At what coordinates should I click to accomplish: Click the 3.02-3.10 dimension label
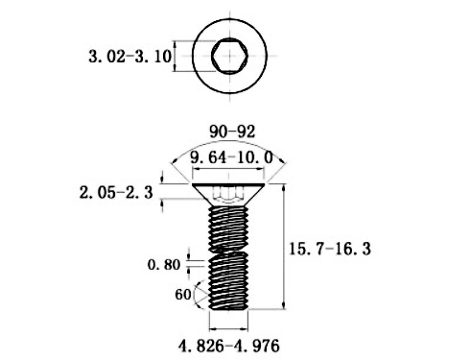pyautogui.click(x=129, y=58)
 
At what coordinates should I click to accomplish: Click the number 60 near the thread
pyautogui.click(x=182, y=295)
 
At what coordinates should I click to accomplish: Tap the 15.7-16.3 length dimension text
pyautogui.click(x=329, y=249)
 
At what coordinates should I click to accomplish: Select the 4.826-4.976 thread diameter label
pyautogui.click(x=230, y=343)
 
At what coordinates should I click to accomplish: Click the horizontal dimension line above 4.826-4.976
pyautogui.click(x=230, y=327)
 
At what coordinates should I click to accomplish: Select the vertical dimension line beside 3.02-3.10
pyautogui.click(x=175, y=57)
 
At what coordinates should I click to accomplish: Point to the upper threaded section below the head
pyautogui.click(x=230, y=226)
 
